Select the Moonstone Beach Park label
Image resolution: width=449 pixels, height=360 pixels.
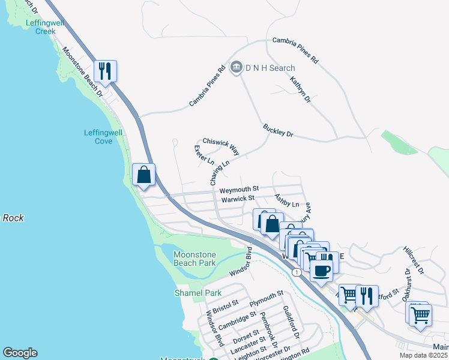(x=194, y=259)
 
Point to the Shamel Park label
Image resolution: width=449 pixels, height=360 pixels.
(x=190, y=293)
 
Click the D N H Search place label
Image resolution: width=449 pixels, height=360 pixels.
(x=270, y=68)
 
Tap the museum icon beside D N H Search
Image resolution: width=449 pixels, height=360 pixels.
(x=236, y=67)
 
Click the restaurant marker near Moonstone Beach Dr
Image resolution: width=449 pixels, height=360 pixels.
(x=106, y=71)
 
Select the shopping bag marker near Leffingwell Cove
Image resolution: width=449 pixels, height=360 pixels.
(x=144, y=175)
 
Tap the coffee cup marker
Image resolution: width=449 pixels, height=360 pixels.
(x=322, y=269)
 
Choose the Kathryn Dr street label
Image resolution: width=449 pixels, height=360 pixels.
(x=300, y=89)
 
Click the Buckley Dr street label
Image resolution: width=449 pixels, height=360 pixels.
(x=277, y=130)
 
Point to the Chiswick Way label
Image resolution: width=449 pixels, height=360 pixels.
(x=221, y=145)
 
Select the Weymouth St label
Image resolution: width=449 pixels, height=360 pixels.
(x=238, y=189)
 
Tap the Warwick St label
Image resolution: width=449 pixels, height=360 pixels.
(x=238, y=198)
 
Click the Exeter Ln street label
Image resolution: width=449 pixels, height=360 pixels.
(x=204, y=155)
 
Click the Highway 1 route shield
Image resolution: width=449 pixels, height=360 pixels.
(x=297, y=272)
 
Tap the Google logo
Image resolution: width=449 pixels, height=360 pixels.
(x=20, y=353)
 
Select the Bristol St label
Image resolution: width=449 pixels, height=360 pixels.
(x=226, y=307)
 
